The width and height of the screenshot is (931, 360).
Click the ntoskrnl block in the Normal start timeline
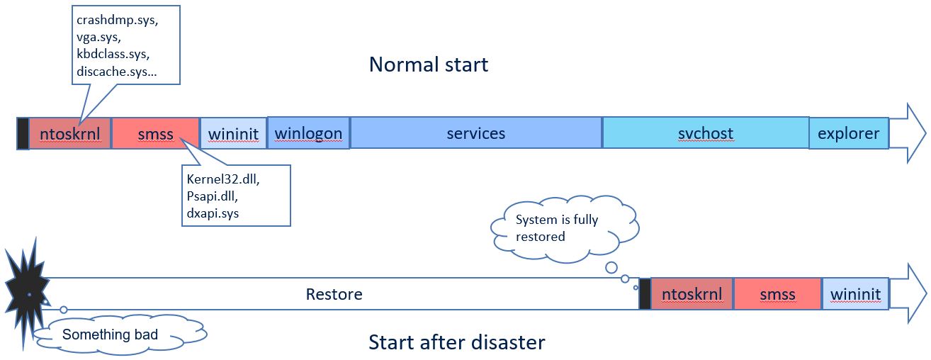pos(70,133)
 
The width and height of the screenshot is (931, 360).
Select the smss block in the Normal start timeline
pos(156,133)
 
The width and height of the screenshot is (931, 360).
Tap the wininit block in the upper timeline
pos(233,133)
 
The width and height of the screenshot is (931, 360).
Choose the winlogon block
pos(308,133)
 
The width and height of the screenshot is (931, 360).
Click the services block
pos(476,133)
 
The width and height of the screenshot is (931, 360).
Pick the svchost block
pos(706,133)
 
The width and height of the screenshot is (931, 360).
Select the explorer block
pos(848,133)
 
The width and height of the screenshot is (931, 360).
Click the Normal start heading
pos(429,65)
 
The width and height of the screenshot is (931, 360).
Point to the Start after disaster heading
pos(457,343)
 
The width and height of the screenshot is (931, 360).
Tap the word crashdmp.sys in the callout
pos(117,21)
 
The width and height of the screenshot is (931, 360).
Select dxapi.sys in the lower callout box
pos(213,213)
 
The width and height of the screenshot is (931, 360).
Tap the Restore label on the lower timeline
pos(334,294)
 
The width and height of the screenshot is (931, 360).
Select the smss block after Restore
pos(777,294)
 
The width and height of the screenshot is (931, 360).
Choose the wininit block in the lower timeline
pos(855,294)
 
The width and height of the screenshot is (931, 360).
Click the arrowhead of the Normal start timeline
pos(910,133)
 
